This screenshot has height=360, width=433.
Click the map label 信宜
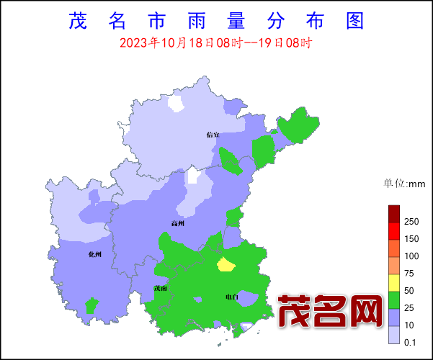click(x=212, y=134)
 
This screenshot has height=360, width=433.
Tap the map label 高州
click(x=177, y=223)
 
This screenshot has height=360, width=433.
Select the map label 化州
click(x=95, y=254)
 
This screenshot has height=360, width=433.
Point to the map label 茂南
click(x=161, y=289)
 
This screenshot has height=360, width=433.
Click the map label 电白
click(x=231, y=297)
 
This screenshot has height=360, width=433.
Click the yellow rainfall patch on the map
click(x=226, y=265)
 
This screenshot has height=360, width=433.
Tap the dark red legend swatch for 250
click(x=393, y=213)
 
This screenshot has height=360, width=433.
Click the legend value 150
click(x=411, y=239)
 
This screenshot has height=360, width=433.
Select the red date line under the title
click(x=215, y=42)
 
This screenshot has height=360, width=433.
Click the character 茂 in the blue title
click(x=77, y=20)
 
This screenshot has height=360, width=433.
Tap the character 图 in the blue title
click(x=354, y=20)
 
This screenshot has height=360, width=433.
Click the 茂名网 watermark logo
click(x=330, y=312)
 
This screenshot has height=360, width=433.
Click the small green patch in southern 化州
click(x=91, y=305)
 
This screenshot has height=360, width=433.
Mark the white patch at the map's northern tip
click(x=175, y=104)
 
